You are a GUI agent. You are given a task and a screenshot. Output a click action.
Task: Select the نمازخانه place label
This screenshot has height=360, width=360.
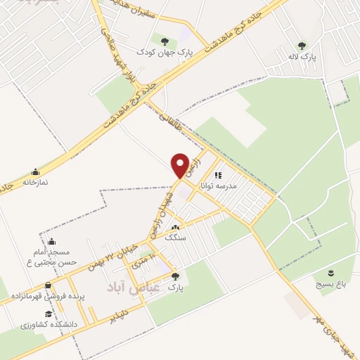click(x=35, y=181)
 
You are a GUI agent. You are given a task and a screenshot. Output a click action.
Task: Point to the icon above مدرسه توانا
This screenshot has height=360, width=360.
click(x=218, y=176)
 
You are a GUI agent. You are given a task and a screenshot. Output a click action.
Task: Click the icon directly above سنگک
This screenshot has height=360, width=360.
click(x=174, y=227)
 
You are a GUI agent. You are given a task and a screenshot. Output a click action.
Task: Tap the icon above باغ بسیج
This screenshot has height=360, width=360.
click(x=330, y=271)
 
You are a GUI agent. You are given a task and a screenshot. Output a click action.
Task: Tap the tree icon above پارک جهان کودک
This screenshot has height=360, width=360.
click(x=165, y=41)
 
